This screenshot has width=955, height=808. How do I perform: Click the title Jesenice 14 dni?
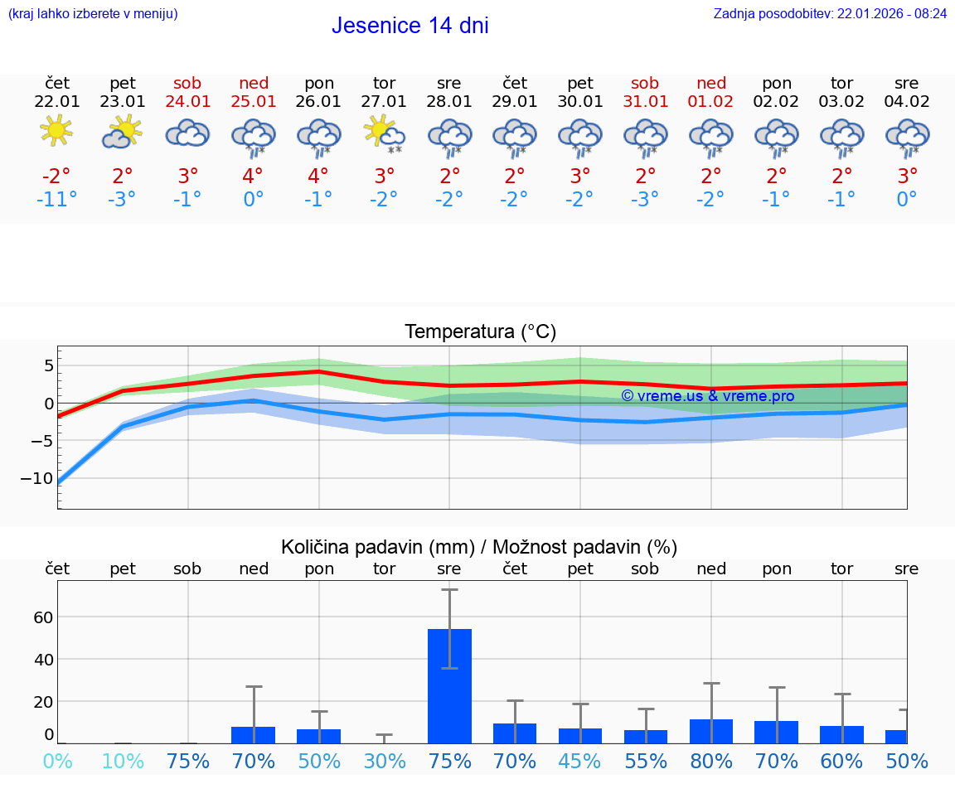pos(410,26)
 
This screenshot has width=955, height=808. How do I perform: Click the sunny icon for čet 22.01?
pos(56,131)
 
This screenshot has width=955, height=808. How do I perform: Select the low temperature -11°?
pos(56,200)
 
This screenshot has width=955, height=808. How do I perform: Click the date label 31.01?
pos(645,102)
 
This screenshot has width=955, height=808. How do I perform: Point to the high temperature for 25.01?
pos(253,176)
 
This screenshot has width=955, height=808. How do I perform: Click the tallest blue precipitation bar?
pos(449,685)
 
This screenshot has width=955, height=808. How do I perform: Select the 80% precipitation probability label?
pos(711,761)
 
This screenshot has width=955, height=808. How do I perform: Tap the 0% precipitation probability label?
pos(56,761)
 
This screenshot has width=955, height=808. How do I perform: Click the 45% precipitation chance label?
pos(580,761)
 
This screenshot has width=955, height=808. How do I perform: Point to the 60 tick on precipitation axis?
pos(43,617)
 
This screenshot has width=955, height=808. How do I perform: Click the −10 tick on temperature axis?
pos(37,478)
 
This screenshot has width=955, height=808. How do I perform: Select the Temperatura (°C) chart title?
pos(480,332)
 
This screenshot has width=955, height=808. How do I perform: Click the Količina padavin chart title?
pos(479,547)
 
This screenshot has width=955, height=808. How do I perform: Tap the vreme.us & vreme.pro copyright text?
pos(707,396)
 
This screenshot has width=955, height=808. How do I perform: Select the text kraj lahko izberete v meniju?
pos(93,14)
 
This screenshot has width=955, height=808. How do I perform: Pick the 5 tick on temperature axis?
pos(49,365)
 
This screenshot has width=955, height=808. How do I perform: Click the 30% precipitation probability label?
pos(384,761)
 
